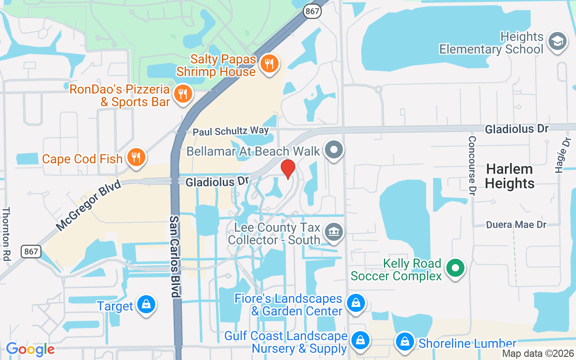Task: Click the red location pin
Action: [x=288, y=169]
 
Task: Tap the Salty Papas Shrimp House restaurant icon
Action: [x=269, y=65]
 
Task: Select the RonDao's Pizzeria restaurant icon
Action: [x=182, y=94]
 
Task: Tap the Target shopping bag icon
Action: [x=146, y=305]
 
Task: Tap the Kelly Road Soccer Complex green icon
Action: [x=455, y=268]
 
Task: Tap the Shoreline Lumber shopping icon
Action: [x=405, y=342]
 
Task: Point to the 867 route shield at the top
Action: [x=311, y=11]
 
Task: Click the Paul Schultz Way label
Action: [x=231, y=131]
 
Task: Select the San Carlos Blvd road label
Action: [x=175, y=256]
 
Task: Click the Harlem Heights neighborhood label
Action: [x=510, y=176]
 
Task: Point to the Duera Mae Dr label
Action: [x=516, y=225]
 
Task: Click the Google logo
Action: [x=30, y=349]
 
